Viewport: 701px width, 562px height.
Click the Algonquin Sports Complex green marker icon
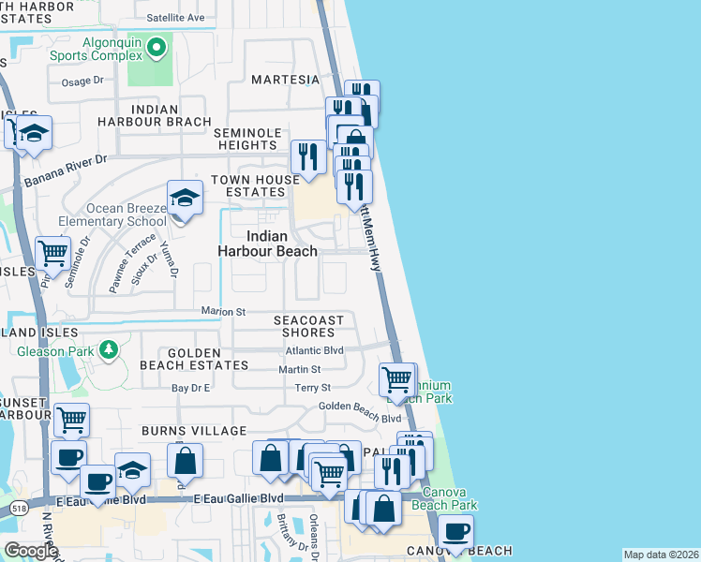pyautogui.click(x=157, y=46)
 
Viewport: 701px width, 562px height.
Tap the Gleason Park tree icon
pyautogui.click(x=110, y=350)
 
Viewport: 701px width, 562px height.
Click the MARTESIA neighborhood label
pyautogui.click(x=286, y=80)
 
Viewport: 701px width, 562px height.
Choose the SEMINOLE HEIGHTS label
pyautogui.click(x=246, y=139)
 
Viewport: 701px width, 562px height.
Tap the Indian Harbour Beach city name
pyautogui.click(x=267, y=244)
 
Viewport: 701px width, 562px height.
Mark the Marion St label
pyautogui.click(x=223, y=311)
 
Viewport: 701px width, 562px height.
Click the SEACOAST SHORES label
pyautogui.click(x=308, y=326)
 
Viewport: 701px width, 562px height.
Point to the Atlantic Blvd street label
pyautogui.click(x=314, y=350)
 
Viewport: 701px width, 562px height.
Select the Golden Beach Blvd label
pyautogui.click(x=359, y=406)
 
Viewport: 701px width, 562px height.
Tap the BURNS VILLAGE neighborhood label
pyautogui.click(x=194, y=431)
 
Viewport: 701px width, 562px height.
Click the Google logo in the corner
pyautogui.click(x=30, y=551)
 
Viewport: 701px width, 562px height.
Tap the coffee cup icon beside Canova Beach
pyautogui.click(x=455, y=532)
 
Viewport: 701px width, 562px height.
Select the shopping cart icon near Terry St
pyautogui.click(x=396, y=380)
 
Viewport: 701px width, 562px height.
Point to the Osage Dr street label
pyautogui.click(x=82, y=81)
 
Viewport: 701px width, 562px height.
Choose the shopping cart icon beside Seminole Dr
pyautogui.click(x=52, y=252)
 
